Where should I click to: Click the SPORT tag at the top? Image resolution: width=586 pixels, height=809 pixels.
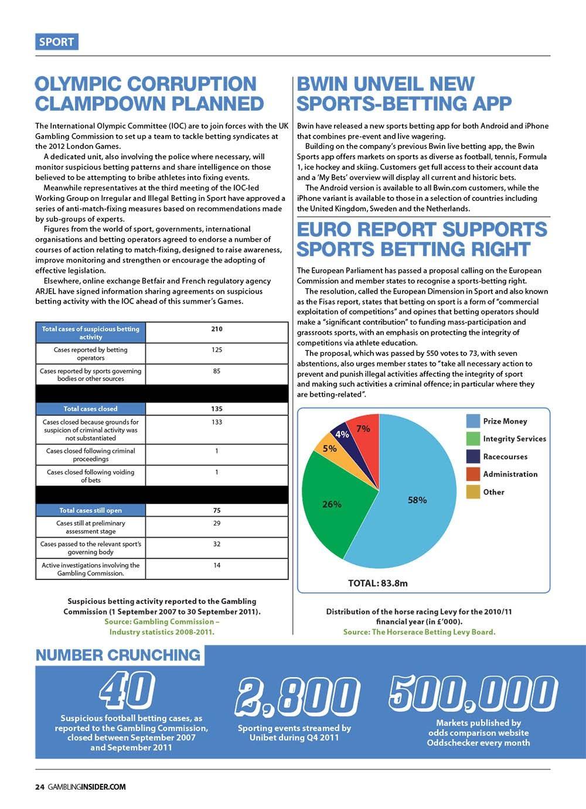pos(56,42)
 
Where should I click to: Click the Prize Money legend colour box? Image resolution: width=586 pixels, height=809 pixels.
pos(473,421)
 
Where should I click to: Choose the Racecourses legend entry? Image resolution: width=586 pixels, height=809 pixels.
pos(505,457)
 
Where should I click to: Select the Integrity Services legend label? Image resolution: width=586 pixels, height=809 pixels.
pos(514,439)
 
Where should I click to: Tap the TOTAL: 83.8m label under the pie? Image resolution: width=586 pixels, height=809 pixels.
pos(377,583)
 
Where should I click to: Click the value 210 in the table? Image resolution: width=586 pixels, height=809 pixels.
pos(217,329)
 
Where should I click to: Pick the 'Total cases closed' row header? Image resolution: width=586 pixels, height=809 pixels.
pos(90,409)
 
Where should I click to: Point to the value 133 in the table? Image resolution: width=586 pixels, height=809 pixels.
pos(217,422)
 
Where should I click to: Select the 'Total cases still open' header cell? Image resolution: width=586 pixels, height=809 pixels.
pos(90,510)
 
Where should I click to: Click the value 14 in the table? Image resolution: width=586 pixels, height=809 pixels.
pos(217,565)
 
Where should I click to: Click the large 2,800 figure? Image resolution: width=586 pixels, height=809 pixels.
pos(296,697)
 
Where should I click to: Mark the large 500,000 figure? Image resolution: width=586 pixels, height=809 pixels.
pos(472,694)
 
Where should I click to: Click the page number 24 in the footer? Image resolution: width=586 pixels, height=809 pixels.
pos(40,787)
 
